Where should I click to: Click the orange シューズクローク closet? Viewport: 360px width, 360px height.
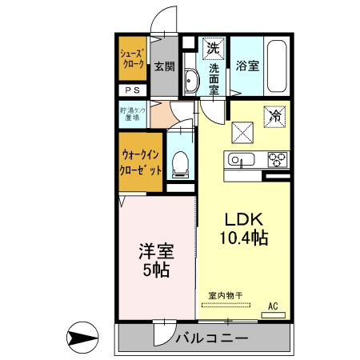(x=132, y=58)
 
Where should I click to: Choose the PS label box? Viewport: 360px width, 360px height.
(x=132, y=91)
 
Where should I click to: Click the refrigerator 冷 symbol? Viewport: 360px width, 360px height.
(x=273, y=117)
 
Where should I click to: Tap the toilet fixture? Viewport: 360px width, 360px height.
(x=180, y=165)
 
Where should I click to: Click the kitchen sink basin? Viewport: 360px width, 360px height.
(x=240, y=158)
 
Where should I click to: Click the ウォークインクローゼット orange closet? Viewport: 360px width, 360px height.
(x=143, y=164)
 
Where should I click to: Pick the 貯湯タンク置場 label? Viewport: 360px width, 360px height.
(x=132, y=114)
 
